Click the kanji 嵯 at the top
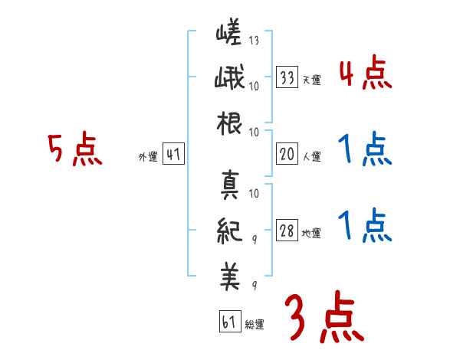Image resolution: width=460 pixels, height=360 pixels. coord(229,35)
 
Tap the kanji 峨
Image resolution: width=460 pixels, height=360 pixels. coord(229,80)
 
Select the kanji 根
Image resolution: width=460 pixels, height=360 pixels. coord(230,123)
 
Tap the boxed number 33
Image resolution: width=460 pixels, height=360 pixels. coord(287,77)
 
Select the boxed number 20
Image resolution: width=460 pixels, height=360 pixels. coord(287,155)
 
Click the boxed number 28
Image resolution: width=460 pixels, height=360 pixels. coord(287,232)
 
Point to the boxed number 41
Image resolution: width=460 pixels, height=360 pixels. coord(173,155)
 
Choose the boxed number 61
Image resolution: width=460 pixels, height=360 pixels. coord(228,322)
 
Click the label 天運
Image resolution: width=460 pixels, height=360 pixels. coord(311,80)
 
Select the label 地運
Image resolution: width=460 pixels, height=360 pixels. coord(311,234)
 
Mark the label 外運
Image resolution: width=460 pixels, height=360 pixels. coord(147,157)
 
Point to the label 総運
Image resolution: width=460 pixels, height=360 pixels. coord(254,325)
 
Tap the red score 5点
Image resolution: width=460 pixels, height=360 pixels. coord(75,149)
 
